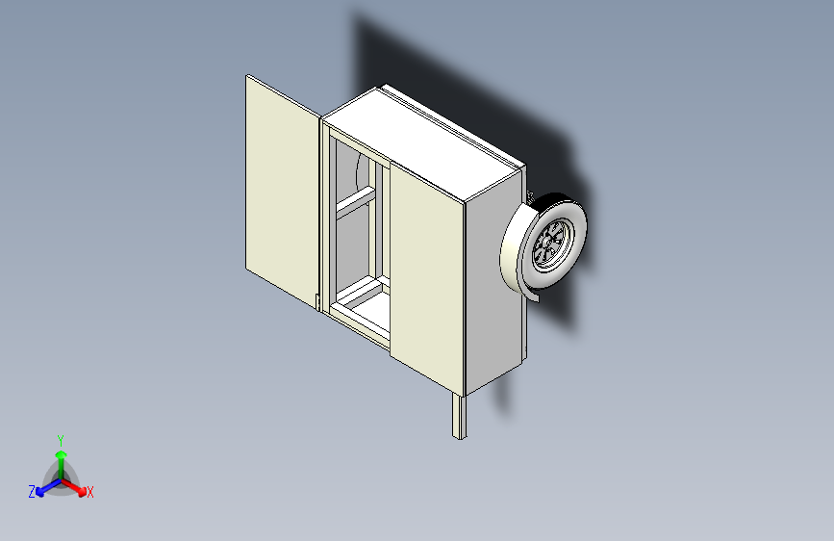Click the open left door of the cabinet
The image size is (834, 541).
pyautogui.click(x=281, y=188)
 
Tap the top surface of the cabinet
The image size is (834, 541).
pyautogui.click(x=423, y=140)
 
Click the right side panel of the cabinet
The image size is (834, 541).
pyautogui.click(x=495, y=289)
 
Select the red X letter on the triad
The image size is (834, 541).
pyautogui.click(x=90, y=493)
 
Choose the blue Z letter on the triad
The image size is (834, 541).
pyautogui.click(x=32, y=492)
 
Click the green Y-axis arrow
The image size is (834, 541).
pyautogui.click(x=61, y=457)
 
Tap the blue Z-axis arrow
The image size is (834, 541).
pyautogui.click(x=44, y=486)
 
